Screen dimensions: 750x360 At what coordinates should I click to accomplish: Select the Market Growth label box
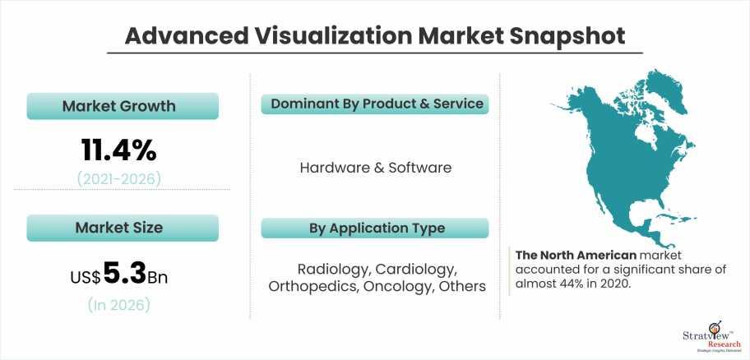pyautogui.click(x=123, y=106)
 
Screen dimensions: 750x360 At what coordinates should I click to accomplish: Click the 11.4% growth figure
pyautogui.click(x=118, y=150)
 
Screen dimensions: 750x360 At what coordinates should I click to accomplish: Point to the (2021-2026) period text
pyautogui.click(x=119, y=179)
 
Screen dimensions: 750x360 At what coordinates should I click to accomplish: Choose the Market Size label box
pyautogui.click(x=123, y=228)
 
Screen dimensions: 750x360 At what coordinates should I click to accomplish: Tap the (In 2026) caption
pyautogui.click(x=118, y=305)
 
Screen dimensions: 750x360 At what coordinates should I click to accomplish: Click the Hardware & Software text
pyautogui.click(x=376, y=168)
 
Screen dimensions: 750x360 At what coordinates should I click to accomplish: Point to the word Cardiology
pyautogui.click(x=415, y=270)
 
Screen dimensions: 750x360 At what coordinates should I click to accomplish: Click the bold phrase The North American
pyautogui.click(x=576, y=255)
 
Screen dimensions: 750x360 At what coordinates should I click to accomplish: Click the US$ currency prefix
pyautogui.click(x=86, y=277)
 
